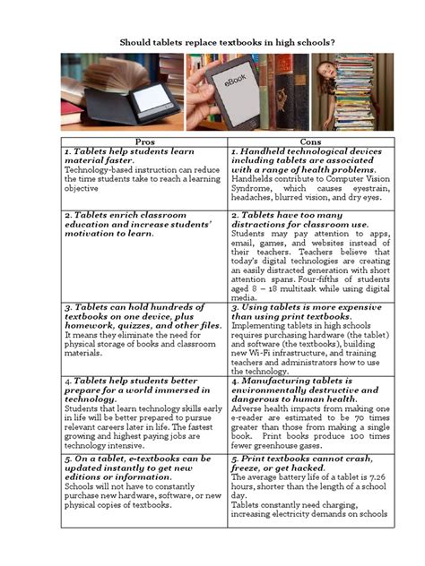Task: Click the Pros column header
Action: point(143,142)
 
